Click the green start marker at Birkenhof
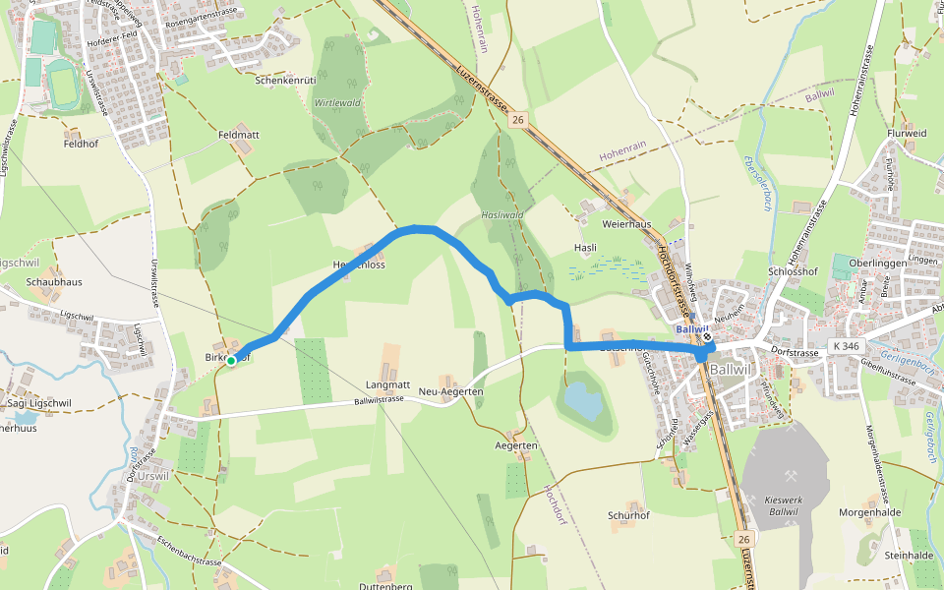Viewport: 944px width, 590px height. click(231, 361)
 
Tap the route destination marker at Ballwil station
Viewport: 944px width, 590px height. click(707, 337)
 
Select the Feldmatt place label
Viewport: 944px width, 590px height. click(238, 133)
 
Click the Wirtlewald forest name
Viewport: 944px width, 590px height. click(337, 103)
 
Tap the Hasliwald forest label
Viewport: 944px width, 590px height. click(501, 214)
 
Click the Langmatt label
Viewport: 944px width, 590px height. click(387, 384)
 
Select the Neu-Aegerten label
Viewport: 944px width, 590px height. click(450, 392)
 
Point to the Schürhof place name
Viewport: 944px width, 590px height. click(629, 515)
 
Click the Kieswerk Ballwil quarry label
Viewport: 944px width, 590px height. click(783, 505)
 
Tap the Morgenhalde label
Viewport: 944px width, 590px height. click(870, 512)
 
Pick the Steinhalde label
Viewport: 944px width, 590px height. click(908, 556)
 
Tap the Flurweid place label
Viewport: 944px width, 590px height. click(907, 133)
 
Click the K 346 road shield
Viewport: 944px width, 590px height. click(844, 346)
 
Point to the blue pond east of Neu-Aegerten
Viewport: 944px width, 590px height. click(582, 401)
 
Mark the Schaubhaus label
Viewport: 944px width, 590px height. click(54, 282)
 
